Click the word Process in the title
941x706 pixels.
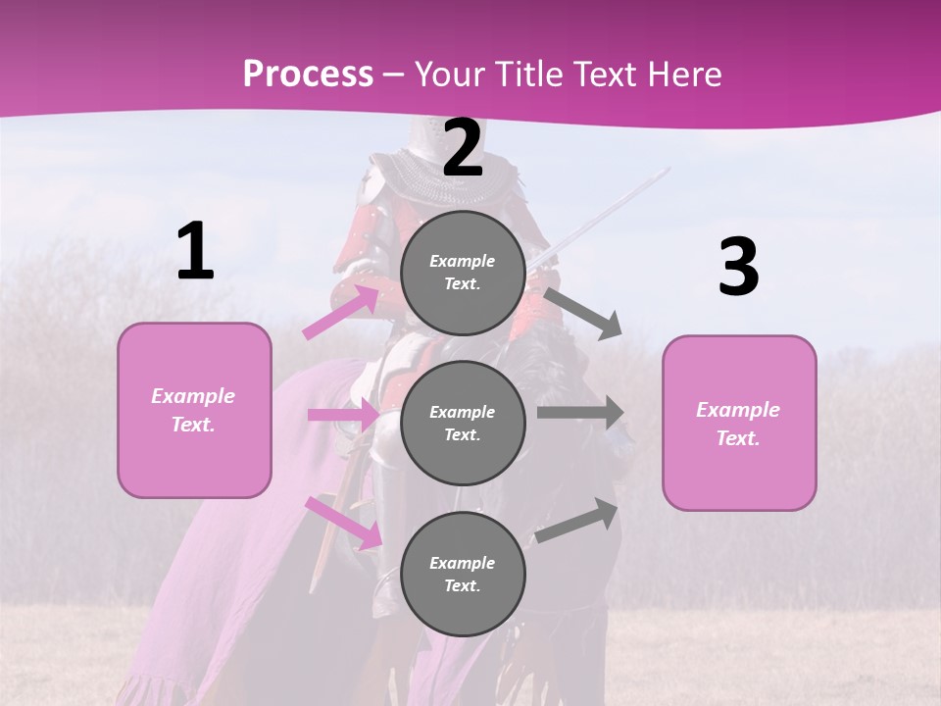click(308, 75)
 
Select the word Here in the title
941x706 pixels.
click(684, 75)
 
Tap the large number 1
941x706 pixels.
click(195, 252)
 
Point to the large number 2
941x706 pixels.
click(463, 148)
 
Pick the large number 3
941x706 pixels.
click(738, 267)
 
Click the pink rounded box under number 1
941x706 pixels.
click(194, 410)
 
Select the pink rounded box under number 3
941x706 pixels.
click(739, 424)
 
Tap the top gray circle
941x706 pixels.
click(463, 272)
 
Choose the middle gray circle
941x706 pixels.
click(463, 423)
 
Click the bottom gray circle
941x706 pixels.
click(463, 574)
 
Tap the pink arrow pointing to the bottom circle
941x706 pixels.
click(343, 521)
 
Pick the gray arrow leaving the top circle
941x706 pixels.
click(583, 312)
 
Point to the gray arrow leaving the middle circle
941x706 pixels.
click(580, 412)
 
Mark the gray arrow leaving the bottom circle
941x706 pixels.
click(577, 521)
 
